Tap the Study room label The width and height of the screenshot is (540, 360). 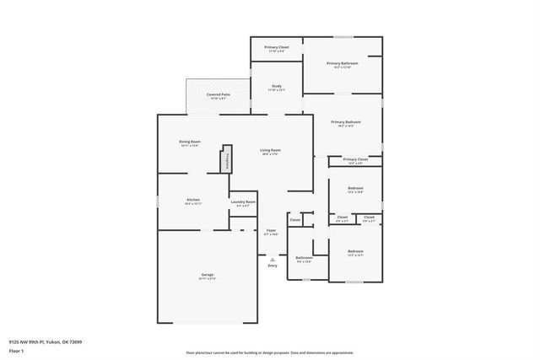[276, 87]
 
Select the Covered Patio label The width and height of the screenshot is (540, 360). [219, 95]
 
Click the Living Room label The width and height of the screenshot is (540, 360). [271, 151]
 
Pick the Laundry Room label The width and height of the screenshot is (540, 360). [243, 202]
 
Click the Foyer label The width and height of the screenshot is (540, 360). [271, 230]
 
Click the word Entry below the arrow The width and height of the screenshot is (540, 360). [272, 266]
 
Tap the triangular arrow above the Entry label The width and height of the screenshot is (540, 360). [272, 260]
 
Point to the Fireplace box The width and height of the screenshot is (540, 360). [226, 160]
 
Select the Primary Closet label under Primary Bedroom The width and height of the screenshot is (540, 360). [355, 159]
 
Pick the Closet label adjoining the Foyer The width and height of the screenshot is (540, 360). [294, 220]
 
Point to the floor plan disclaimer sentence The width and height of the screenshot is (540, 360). [270, 352]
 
